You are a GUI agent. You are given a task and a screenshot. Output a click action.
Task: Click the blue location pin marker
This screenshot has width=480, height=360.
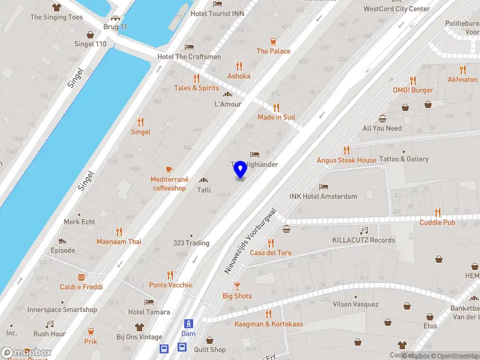tap(240, 169)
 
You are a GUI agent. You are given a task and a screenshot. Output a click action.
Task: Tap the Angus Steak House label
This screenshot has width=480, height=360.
tap(347, 160)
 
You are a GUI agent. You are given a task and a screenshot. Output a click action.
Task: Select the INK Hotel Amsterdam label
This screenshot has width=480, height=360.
tap(323, 196)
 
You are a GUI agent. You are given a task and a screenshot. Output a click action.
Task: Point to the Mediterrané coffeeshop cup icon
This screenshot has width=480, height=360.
tap(169, 169)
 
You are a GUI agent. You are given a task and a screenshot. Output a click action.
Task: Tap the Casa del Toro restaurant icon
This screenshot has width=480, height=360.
tap(271, 242)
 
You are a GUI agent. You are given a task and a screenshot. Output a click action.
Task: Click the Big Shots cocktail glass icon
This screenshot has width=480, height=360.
tap(237, 286)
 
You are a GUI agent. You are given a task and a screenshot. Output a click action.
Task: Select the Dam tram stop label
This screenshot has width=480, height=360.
tap(188, 333)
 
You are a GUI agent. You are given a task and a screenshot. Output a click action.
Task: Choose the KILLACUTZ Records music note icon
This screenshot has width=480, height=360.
tap(364, 230)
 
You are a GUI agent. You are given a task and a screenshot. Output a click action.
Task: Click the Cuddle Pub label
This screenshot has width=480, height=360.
tap(437, 223)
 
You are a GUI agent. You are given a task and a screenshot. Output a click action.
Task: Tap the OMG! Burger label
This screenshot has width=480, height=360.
tap(413, 90)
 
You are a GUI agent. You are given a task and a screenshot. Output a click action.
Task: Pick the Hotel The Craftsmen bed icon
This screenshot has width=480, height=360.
tap(189, 47)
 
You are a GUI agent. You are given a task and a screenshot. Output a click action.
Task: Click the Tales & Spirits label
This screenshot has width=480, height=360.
tap(196, 88)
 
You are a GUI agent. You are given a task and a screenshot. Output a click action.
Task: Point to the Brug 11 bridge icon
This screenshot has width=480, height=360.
tap(115, 18)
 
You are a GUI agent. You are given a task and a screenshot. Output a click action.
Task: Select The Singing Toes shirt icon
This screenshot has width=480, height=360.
tap(57, 7)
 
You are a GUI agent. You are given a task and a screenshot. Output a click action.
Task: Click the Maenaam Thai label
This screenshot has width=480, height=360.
tap(119, 242)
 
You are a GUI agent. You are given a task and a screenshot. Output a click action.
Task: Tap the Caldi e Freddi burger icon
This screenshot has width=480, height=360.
tap(81, 277)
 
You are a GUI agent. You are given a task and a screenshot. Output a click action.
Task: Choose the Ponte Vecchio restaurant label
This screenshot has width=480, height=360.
tap(170, 285)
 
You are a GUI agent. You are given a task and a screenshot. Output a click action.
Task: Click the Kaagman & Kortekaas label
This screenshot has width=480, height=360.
tap(268, 324)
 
